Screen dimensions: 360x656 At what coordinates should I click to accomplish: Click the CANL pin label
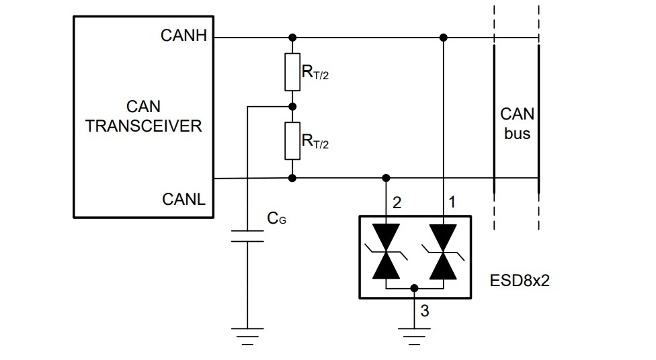[184, 199]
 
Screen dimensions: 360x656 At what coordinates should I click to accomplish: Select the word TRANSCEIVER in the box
[144, 126]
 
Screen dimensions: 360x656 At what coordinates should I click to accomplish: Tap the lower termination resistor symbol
[292, 141]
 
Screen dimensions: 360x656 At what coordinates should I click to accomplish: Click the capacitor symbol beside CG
[247, 236]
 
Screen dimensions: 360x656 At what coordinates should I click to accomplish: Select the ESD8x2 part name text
[520, 280]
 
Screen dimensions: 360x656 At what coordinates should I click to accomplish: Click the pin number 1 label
[452, 202]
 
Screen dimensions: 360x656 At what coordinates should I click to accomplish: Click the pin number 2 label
[397, 202]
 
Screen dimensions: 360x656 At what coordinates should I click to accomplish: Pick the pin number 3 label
[424, 310]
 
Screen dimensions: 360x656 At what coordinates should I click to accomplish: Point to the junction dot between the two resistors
[292, 106]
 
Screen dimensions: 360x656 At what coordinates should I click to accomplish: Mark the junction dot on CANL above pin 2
[386, 178]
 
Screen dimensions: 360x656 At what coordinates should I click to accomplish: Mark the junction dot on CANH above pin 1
[442, 38]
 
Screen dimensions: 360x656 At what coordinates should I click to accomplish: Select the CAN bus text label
[517, 124]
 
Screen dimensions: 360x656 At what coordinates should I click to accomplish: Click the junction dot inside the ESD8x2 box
[414, 287]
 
